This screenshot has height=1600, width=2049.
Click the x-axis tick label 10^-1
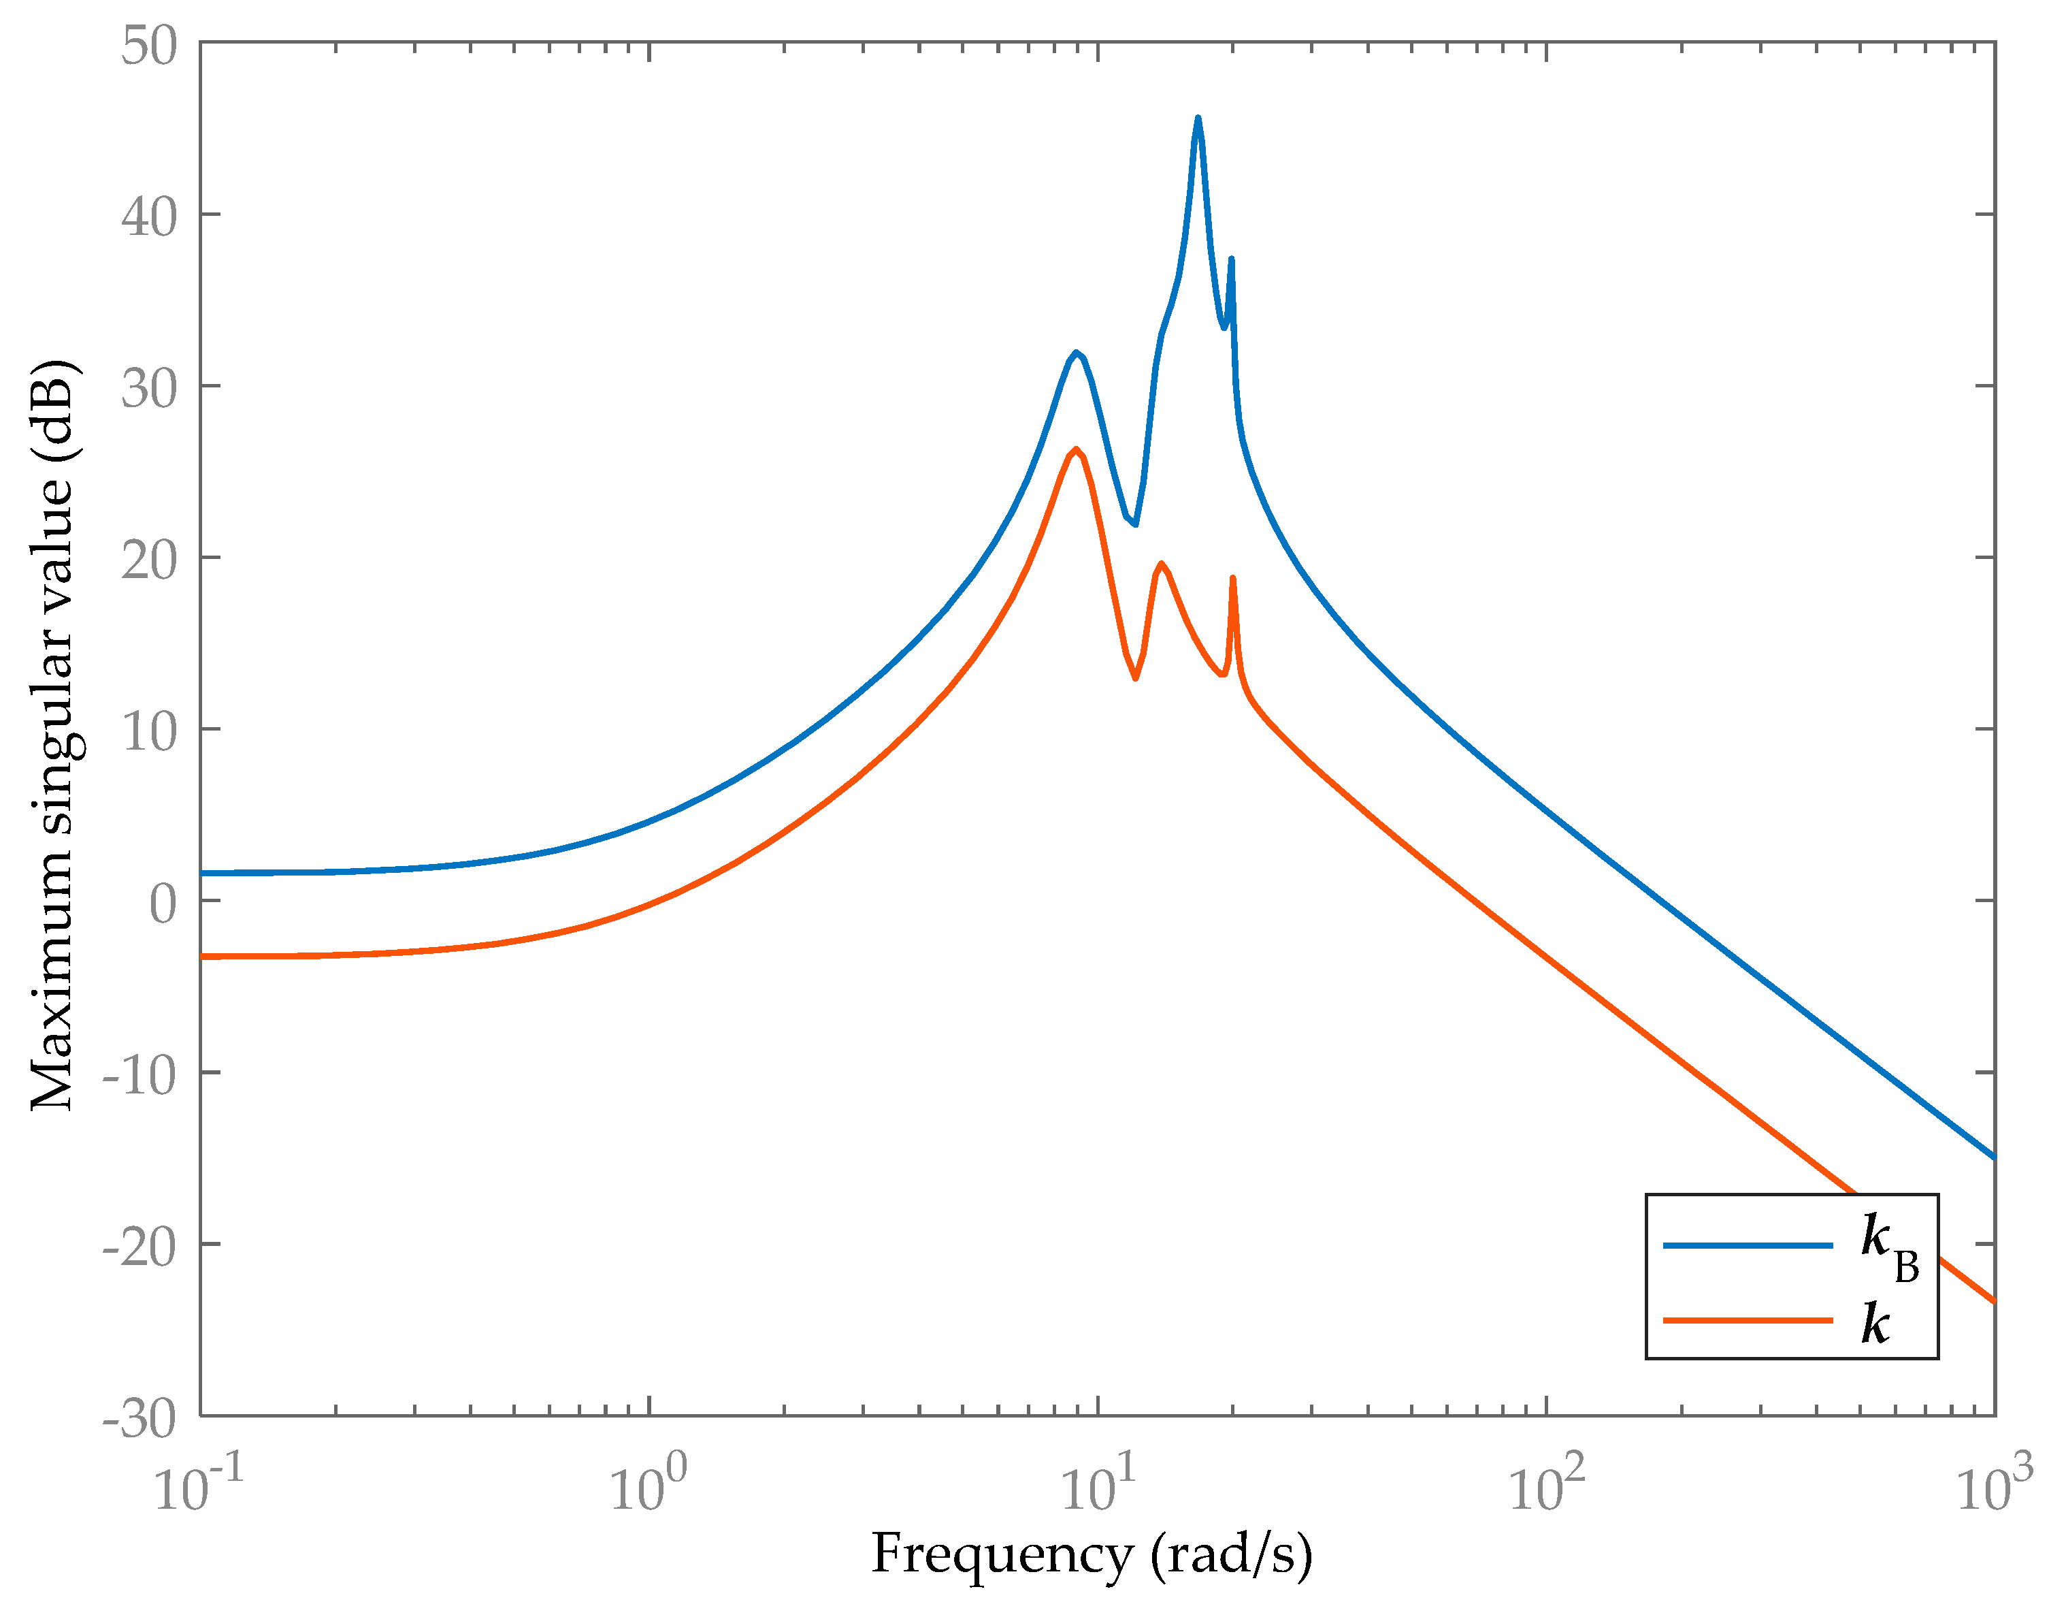coord(198,1488)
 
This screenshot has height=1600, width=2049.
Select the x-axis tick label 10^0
coord(647,1488)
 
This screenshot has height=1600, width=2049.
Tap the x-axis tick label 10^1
coord(1097,1488)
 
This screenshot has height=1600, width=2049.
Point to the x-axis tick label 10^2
coord(1545,1488)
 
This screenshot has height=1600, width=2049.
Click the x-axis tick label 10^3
coord(1994,1488)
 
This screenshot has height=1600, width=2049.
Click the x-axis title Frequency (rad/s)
coord(1091,1554)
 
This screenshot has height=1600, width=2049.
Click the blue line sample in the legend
coord(1747,1245)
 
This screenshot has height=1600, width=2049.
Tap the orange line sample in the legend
coord(1747,1320)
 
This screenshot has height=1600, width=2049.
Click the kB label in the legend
coord(1888,1245)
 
